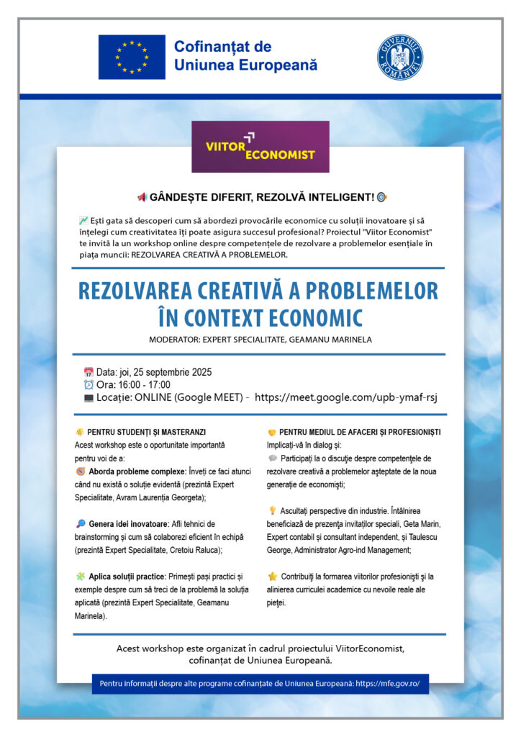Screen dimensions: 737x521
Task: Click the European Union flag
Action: (x=132, y=57)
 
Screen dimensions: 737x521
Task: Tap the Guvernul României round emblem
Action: (x=400, y=57)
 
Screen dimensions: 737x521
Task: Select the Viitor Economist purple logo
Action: (x=260, y=147)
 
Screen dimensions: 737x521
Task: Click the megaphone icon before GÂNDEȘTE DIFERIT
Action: (x=142, y=197)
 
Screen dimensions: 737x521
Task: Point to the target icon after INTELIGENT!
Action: (x=381, y=197)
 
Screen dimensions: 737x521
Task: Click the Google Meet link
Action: (x=346, y=397)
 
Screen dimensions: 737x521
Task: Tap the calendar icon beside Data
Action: (x=89, y=373)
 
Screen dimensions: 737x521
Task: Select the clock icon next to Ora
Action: (x=89, y=385)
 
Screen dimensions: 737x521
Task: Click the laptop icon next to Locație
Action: (x=89, y=397)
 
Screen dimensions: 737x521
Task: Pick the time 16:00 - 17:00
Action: (x=145, y=385)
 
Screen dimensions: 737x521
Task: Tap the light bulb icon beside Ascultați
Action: (x=272, y=510)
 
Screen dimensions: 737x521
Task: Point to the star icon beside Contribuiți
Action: (x=272, y=577)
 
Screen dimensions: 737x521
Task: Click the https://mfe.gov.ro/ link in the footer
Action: (x=388, y=683)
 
